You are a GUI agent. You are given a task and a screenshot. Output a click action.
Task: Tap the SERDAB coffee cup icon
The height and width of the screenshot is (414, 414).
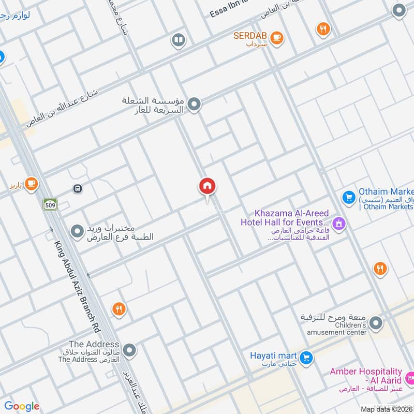tap(277, 37)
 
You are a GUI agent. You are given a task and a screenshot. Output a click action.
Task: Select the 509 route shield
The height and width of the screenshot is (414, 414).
tap(50, 204)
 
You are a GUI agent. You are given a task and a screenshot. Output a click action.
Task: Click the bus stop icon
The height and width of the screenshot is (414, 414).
tap(78, 189)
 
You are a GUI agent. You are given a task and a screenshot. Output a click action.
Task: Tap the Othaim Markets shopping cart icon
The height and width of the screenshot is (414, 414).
tap(348, 197)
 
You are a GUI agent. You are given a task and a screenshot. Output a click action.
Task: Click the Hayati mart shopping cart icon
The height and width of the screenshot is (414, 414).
tap(306, 358)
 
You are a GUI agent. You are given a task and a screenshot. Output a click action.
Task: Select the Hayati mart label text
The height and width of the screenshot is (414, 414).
tap(273, 356)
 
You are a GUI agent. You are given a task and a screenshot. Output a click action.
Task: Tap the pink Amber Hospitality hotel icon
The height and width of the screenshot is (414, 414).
tap(410, 376)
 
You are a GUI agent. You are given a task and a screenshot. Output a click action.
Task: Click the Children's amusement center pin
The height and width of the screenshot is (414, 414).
tap(376, 324)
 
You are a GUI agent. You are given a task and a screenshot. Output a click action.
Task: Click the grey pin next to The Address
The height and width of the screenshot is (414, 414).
tap(129, 350)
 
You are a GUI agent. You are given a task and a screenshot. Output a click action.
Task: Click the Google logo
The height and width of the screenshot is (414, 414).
tap(22, 406)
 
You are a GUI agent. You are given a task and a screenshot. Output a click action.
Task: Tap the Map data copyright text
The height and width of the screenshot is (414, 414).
tap(387, 409)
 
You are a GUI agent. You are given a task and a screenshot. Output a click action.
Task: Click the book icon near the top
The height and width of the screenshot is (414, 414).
tap(178, 40)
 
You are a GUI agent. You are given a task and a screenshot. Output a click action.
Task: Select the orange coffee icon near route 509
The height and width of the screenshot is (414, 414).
tap(31, 183)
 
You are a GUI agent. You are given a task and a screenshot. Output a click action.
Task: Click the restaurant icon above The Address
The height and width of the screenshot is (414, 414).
tap(119, 309)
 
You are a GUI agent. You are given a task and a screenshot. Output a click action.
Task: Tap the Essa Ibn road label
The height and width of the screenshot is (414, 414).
tap(228, 9)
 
